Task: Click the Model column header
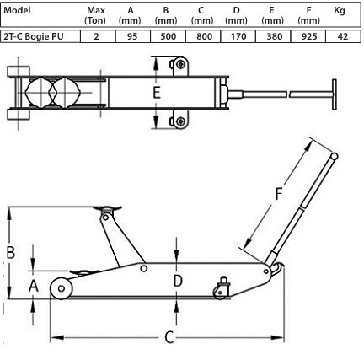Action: (x=17, y=10)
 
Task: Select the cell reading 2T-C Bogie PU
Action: (x=33, y=36)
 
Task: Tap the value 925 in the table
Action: (x=308, y=36)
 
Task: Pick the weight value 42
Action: (x=343, y=36)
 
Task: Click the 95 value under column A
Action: (x=132, y=36)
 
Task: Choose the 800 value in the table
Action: (x=203, y=36)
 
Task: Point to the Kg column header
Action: (x=340, y=11)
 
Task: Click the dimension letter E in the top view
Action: (x=157, y=93)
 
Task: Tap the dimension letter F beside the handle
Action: (x=278, y=194)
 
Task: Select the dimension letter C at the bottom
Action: (x=169, y=337)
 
